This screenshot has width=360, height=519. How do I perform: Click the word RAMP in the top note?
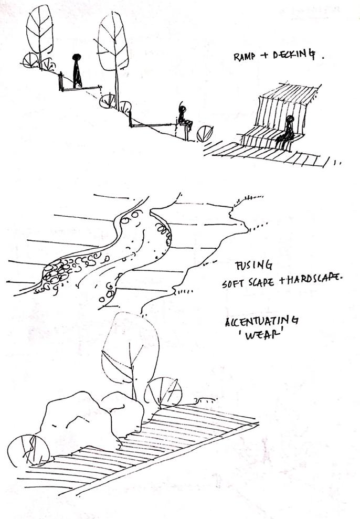(245, 57)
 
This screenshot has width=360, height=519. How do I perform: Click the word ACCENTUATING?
(254, 320)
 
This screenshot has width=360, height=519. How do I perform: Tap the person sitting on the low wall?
(183, 116)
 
